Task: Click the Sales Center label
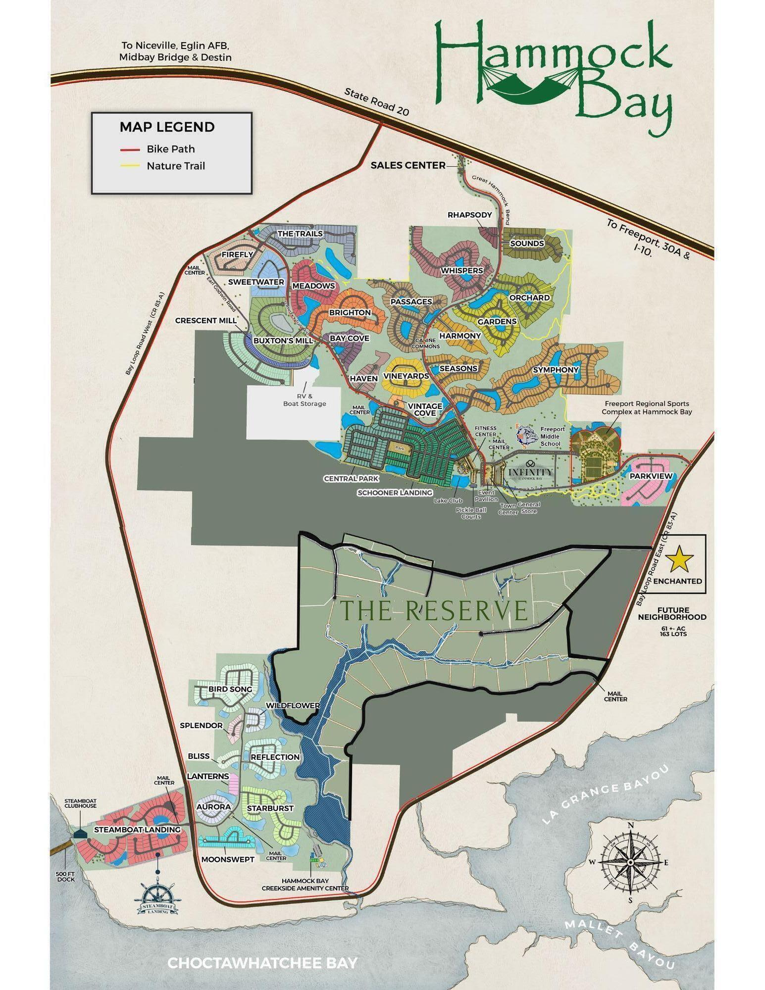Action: point(408,166)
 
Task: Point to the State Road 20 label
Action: point(377,102)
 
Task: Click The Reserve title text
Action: point(434,610)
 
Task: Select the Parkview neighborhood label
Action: point(651,476)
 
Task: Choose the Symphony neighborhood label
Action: point(555,370)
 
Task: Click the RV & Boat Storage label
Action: point(305,400)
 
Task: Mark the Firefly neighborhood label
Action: point(237,254)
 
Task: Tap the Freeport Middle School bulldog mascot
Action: point(526,435)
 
